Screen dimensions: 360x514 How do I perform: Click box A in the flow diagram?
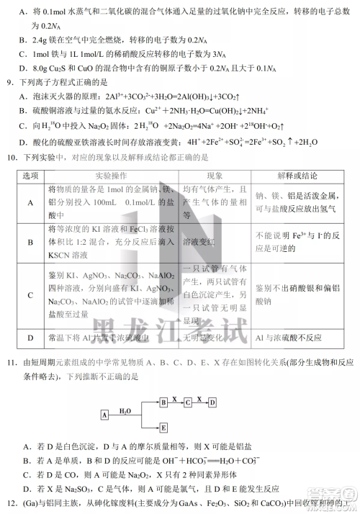[x=104, y=415]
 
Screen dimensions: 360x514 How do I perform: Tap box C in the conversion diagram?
[x=188, y=400]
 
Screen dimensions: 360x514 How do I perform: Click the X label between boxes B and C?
[x=176, y=396]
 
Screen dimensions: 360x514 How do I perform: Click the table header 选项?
[x=30, y=175]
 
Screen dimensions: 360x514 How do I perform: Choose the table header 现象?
[x=215, y=175]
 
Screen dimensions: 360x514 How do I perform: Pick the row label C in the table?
[x=30, y=295]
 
